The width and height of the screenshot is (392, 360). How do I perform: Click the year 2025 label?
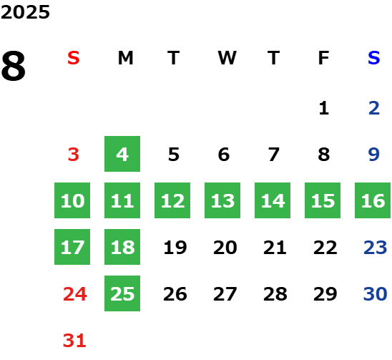(x=25, y=12)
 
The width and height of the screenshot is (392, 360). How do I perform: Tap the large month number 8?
(x=14, y=66)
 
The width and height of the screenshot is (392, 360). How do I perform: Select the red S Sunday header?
(x=74, y=58)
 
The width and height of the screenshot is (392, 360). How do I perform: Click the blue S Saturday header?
(x=373, y=58)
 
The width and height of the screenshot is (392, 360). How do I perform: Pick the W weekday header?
(x=227, y=58)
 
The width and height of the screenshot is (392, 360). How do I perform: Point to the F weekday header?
(x=323, y=58)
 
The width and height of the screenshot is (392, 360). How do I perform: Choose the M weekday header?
(x=125, y=58)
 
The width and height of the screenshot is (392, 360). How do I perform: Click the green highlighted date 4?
(x=122, y=154)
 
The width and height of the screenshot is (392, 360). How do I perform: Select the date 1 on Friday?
(x=324, y=108)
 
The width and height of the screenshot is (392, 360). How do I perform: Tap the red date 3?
(x=74, y=155)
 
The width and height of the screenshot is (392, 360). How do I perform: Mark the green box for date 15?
(x=323, y=200)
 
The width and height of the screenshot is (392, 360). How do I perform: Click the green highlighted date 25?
(x=122, y=293)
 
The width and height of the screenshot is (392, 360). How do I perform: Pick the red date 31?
(x=74, y=340)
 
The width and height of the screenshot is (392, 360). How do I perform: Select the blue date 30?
(x=375, y=293)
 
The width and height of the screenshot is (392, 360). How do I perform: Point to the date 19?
(x=175, y=248)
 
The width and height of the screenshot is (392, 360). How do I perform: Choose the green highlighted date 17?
(x=72, y=247)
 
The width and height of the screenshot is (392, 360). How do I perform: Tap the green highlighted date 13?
(x=222, y=200)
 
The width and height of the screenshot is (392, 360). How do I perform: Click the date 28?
(x=275, y=293)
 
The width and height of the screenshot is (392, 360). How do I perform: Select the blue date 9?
(x=373, y=155)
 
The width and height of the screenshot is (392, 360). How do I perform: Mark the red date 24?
(x=74, y=293)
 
